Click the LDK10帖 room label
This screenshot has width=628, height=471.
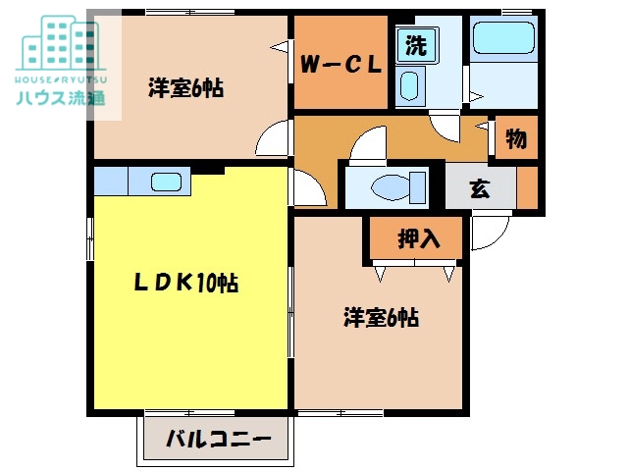(x=186, y=284)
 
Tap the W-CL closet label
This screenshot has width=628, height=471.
(x=340, y=66)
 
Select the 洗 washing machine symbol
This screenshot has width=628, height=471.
(x=416, y=44)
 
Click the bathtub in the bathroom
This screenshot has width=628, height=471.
(x=502, y=40)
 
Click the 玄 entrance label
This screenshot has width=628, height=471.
(x=480, y=188)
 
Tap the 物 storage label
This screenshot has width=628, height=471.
(x=516, y=138)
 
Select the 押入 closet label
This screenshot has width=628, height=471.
(x=416, y=236)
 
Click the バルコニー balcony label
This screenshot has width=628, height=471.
(x=218, y=439)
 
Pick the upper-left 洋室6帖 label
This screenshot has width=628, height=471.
(x=186, y=87)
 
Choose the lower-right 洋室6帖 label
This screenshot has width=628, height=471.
(x=382, y=317)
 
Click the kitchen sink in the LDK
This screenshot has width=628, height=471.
(x=166, y=182)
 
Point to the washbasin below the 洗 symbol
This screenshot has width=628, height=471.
(x=410, y=85)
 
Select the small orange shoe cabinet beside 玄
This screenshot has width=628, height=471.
(x=528, y=188)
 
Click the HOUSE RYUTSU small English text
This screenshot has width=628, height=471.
(x=61, y=78)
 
